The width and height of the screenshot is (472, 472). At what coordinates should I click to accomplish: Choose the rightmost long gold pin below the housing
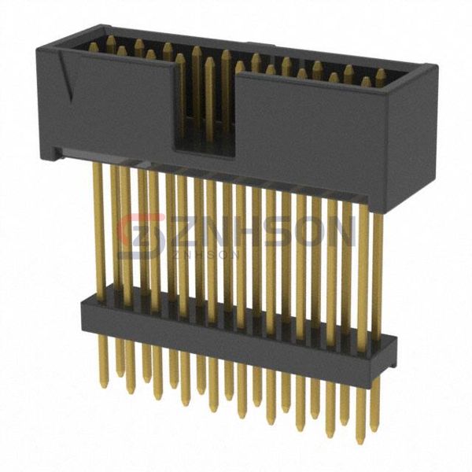click(377, 267)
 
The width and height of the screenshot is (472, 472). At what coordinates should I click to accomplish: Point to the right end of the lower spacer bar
click(390, 346)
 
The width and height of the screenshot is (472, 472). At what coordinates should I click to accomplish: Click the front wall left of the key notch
click(110, 110)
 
